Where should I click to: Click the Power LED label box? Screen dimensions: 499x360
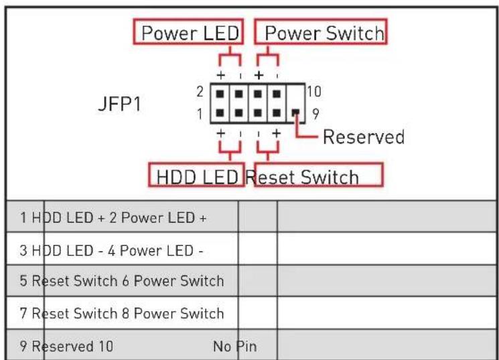188,32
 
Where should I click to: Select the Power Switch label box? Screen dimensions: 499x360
321,32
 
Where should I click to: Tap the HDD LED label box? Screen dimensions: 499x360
196,174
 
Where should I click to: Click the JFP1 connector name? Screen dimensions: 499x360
119,103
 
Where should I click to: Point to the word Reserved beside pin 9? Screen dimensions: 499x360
364,137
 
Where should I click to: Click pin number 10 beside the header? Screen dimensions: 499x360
314,92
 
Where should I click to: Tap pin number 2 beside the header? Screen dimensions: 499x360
200,92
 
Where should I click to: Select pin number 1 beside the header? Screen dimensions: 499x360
200,114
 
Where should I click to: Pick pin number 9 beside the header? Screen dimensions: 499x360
315,114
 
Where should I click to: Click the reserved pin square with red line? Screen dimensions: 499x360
295,113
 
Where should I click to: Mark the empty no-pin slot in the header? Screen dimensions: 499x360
295,94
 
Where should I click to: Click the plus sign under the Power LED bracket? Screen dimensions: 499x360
220,76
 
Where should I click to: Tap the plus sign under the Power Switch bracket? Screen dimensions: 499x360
259,76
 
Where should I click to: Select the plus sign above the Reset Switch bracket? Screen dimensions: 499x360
277,133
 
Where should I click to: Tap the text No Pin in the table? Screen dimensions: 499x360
235,347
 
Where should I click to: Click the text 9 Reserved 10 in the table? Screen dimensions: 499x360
66,347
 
